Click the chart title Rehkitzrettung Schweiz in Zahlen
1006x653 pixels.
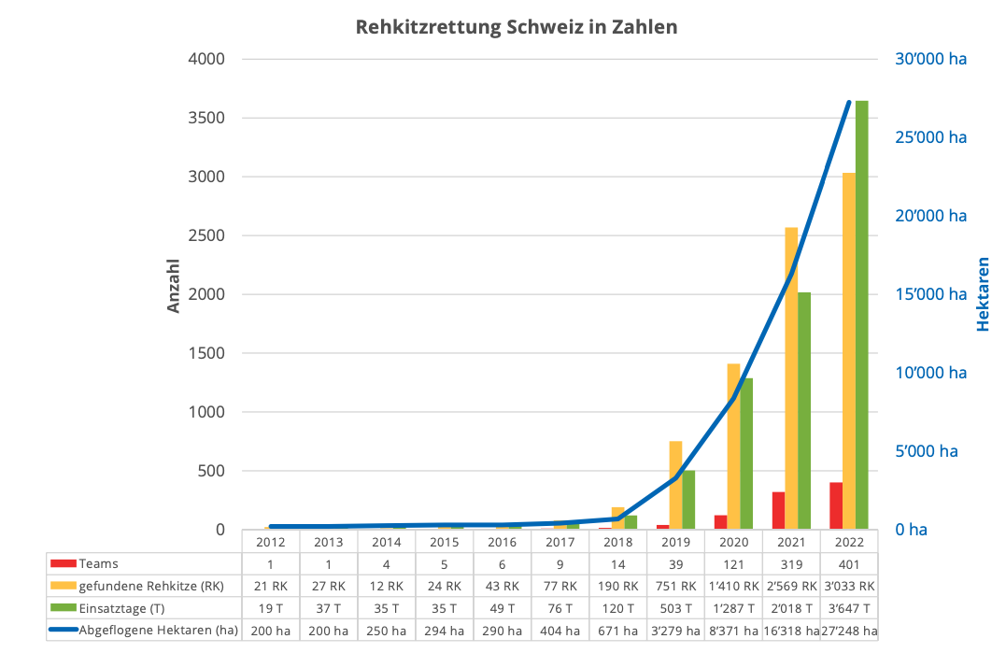[x=516, y=27]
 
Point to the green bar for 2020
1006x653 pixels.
[x=746, y=453]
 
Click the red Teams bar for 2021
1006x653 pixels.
[x=778, y=510]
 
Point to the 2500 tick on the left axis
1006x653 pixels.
[x=207, y=235]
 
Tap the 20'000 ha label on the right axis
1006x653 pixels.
[x=930, y=216]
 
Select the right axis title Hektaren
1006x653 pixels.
[x=983, y=294]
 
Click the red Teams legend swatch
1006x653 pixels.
[x=63, y=564]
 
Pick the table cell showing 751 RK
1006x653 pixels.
[x=675, y=587]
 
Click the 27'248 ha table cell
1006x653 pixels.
[x=849, y=631]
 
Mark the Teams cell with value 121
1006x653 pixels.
[x=733, y=564]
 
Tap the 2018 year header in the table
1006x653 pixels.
[x=617, y=542]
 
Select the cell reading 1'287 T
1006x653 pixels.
[x=733, y=608]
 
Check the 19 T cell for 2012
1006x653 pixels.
[x=270, y=608]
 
